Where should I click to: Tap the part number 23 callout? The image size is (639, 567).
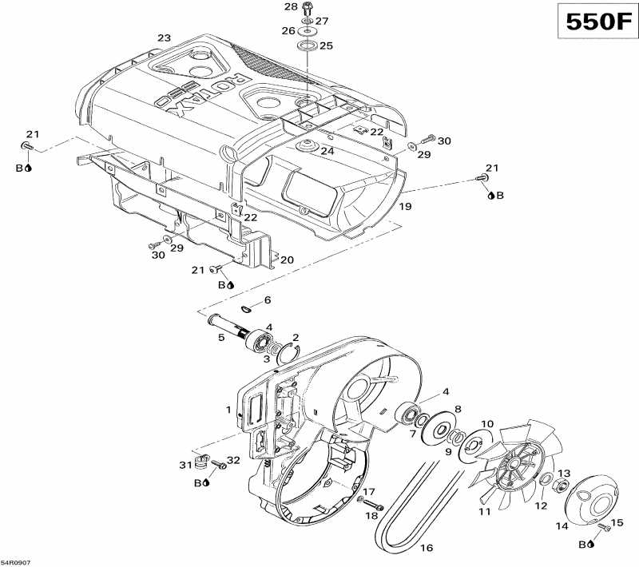(165, 38)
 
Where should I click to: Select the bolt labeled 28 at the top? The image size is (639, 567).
(306, 9)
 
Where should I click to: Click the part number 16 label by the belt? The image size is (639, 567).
(427, 549)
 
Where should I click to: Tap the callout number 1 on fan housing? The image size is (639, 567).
(228, 410)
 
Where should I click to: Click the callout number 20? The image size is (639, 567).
(287, 260)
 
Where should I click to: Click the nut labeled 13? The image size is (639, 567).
(562, 486)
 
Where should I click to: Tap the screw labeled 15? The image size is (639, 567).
(602, 528)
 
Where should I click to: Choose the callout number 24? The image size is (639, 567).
(327, 151)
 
